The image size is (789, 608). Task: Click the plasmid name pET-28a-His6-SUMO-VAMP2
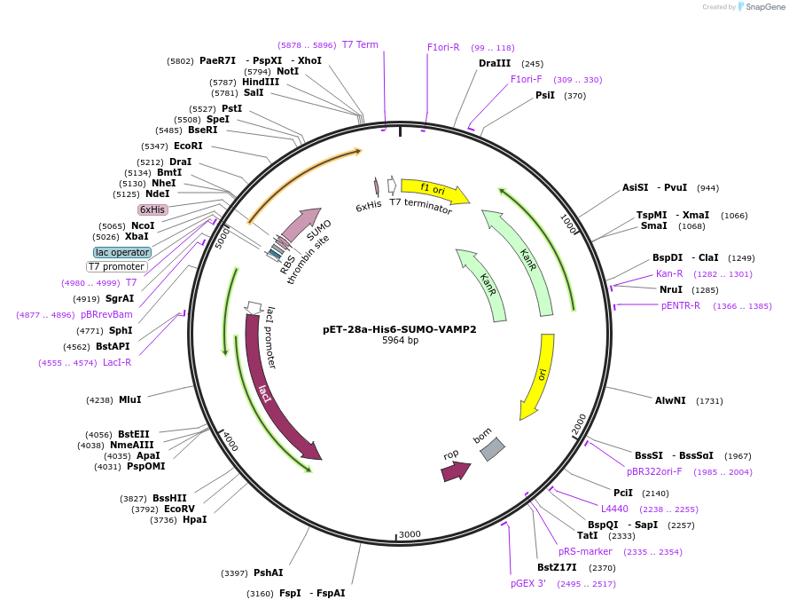click(x=399, y=329)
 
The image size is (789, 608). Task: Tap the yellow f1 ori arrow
click(x=434, y=190)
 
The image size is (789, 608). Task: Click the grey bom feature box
click(x=492, y=448)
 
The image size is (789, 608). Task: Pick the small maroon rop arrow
click(x=455, y=471)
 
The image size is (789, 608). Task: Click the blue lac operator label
click(x=122, y=253)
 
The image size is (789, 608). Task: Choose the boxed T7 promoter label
click(x=116, y=266)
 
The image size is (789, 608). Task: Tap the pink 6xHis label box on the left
click(x=152, y=209)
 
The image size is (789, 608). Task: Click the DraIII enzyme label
click(x=495, y=63)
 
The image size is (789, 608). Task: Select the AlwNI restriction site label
click(x=670, y=400)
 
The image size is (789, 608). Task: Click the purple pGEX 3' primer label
click(x=528, y=583)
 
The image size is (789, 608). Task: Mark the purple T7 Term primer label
click(x=360, y=44)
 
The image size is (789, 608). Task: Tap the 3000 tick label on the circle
click(x=409, y=534)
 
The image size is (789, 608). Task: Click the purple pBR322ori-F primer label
click(x=654, y=471)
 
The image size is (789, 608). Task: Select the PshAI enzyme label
click(x=268, y=572)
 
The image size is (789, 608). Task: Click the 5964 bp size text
click(x=400, y=341)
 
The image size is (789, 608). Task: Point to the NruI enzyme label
click(x=670, y=289)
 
